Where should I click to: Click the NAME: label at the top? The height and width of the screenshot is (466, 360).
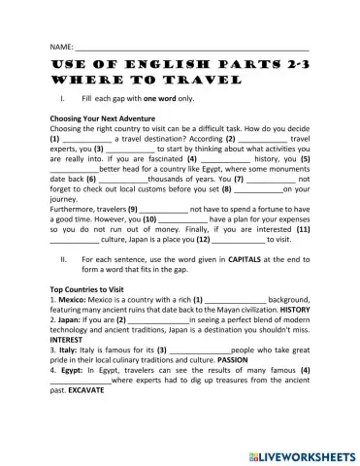61,47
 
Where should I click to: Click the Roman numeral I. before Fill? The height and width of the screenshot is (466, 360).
62,99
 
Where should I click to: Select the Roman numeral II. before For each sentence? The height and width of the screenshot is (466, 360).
63,259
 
